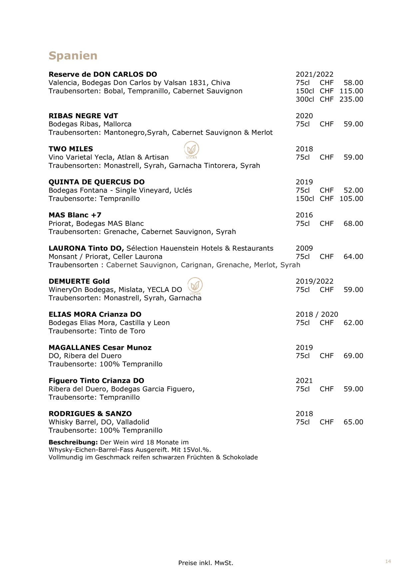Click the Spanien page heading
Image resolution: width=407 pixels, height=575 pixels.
(73, 56)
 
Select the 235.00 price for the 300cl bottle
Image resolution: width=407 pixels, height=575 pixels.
(351, 99)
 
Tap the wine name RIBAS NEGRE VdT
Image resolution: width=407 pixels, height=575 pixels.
(83, 116)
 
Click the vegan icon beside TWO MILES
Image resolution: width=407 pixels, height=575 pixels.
(192, 149)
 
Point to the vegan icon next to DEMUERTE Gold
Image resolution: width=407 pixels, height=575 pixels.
(195, 286)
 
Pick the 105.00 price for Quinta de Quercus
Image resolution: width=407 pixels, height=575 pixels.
(351, 199)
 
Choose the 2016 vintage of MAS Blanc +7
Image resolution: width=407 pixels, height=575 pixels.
(304, 215)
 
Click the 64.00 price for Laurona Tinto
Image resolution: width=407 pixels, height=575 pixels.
(353, 257)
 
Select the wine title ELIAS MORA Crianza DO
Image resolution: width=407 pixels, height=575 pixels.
(95, 314)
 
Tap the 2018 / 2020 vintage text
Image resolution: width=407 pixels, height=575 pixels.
(317, 314)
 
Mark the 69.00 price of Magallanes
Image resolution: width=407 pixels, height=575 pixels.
(353, 356)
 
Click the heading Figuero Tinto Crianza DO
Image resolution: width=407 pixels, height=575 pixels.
(96, 381)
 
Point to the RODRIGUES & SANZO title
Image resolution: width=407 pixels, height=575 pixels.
(90, 414)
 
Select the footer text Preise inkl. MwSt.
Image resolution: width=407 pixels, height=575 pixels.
(205, 563)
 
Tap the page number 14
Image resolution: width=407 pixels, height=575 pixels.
(388, 561)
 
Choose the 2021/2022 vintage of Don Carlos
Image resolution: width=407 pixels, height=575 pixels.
(314, 75)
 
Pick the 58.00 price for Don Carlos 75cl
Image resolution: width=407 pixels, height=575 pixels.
(353, 83)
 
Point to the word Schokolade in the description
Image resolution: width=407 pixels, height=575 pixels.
(240, 457)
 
